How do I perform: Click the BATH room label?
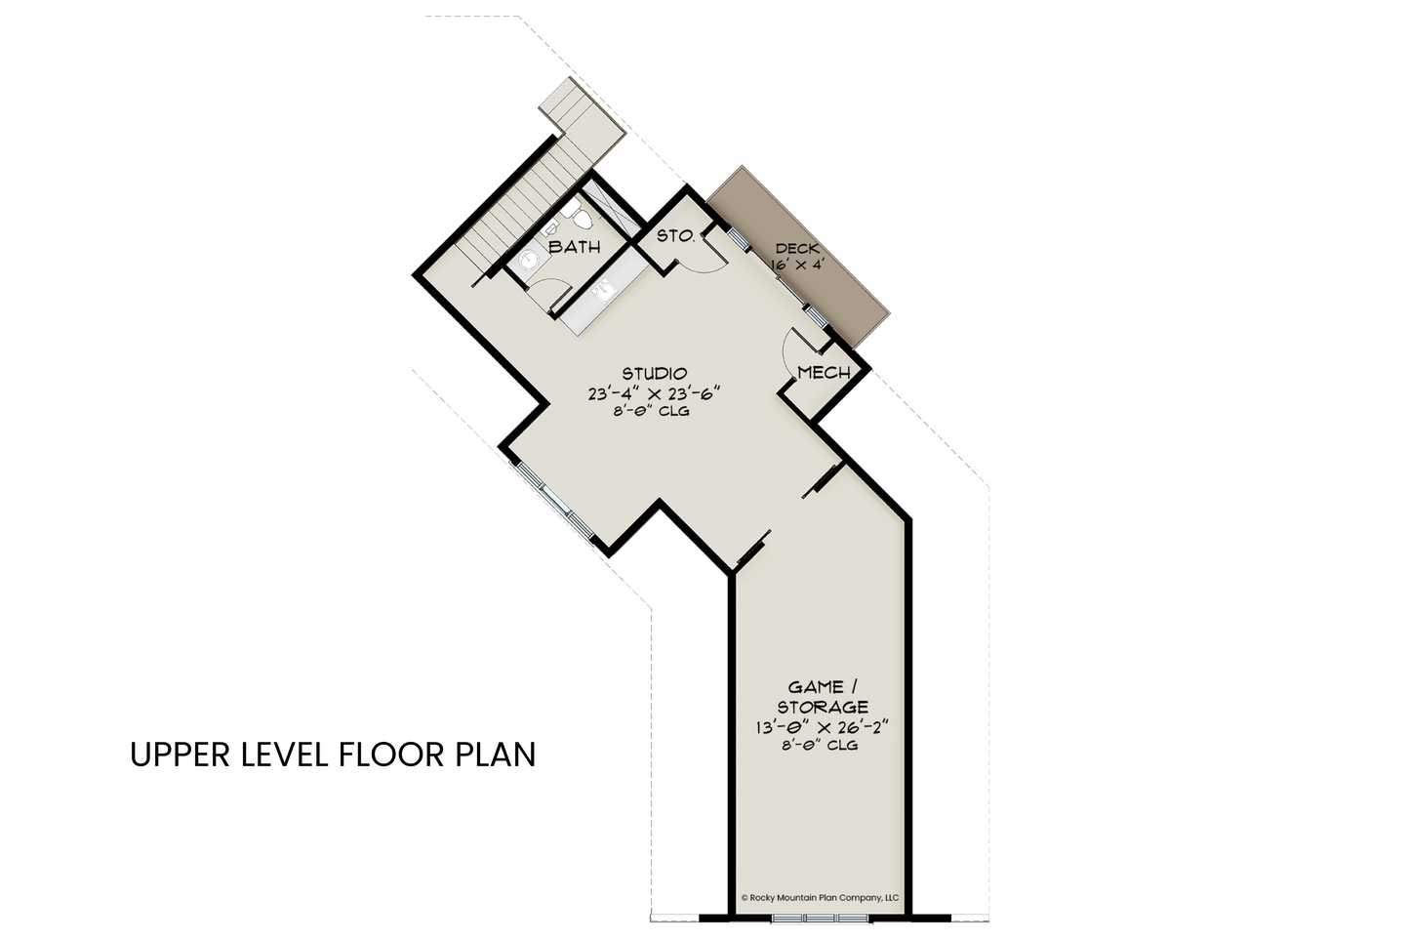[x=574, y=247]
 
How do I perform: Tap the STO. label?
[x=676, y=236]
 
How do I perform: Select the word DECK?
[x=797, y=249]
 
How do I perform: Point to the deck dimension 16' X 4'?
[x=797, y=266]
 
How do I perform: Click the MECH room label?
[x=824, y=373]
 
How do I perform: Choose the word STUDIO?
[x=655, y=373]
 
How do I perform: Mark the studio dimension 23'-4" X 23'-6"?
[x=654, y=393]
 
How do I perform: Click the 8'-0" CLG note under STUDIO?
[x=652, y=412]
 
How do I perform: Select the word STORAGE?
[x=823, y=707]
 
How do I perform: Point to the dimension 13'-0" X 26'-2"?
[x=822, y=728]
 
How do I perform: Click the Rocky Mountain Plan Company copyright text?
[x=821, y=898]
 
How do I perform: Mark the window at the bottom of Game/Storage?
[x=822, y=920]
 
